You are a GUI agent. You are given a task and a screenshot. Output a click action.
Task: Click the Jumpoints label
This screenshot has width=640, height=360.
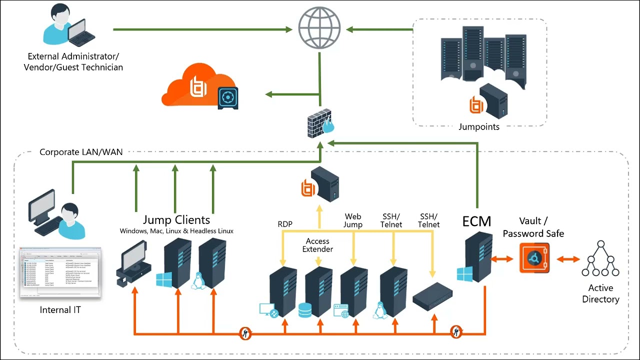[x=479, y=127]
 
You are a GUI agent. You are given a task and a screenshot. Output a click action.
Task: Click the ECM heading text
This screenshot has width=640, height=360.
[x=476, y=221]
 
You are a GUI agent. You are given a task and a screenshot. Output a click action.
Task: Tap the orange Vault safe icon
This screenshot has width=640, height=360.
[x=534, y=258]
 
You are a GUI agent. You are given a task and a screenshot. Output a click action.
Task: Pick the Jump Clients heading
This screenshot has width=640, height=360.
[x=176, y=220]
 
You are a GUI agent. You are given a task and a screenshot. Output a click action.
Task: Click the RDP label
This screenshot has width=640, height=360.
[x=285, y=224]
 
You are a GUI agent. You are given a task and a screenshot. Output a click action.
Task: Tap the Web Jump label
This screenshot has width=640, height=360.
[x=353, y=220]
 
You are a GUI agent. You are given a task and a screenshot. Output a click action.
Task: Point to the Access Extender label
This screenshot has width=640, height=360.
[x=317, y=245]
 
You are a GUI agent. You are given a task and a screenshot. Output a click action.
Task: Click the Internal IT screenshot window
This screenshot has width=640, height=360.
[x=60, y=272]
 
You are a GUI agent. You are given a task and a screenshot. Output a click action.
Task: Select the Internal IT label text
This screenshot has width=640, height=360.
[x=60, y=310]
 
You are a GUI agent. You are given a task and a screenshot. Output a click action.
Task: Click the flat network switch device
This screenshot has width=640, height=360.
[x=432, y=294]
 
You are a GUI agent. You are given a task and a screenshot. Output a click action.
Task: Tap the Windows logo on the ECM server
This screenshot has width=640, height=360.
[x=464, y=274]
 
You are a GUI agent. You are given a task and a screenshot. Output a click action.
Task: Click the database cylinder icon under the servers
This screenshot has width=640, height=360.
[x=304, y=310]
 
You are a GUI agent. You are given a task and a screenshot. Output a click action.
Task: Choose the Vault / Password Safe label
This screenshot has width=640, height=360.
[x=533, y=227]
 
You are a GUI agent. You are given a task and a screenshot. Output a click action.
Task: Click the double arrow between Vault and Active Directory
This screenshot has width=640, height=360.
[x=568, y=259]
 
